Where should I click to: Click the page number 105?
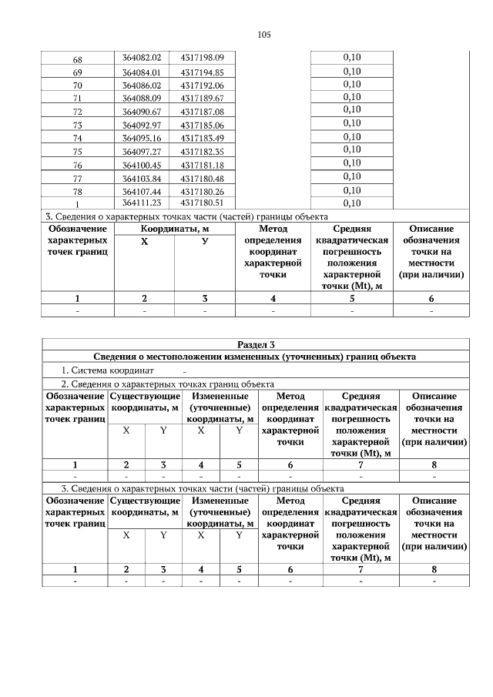pos(263,35)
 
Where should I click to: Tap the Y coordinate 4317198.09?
pos(202,58)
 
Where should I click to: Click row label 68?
pos(77,59)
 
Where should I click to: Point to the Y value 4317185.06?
pos(202,125)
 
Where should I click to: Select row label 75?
pos(77,152)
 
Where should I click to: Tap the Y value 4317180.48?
pos(202,178)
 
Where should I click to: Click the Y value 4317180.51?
pos(202,203)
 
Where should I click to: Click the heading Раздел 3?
pos(255,344)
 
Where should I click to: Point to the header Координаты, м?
pos(174,229)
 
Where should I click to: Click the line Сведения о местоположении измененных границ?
pos(255,357)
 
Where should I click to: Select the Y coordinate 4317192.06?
pos(202,85)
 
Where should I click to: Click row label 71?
pos(77,99)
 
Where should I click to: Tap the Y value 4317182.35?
pos(202,152)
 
